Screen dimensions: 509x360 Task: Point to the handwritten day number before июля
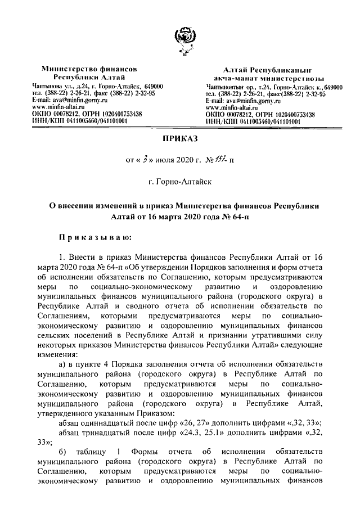click(x=145, y=160)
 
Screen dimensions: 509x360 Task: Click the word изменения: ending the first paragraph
click(x=58, y=355)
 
